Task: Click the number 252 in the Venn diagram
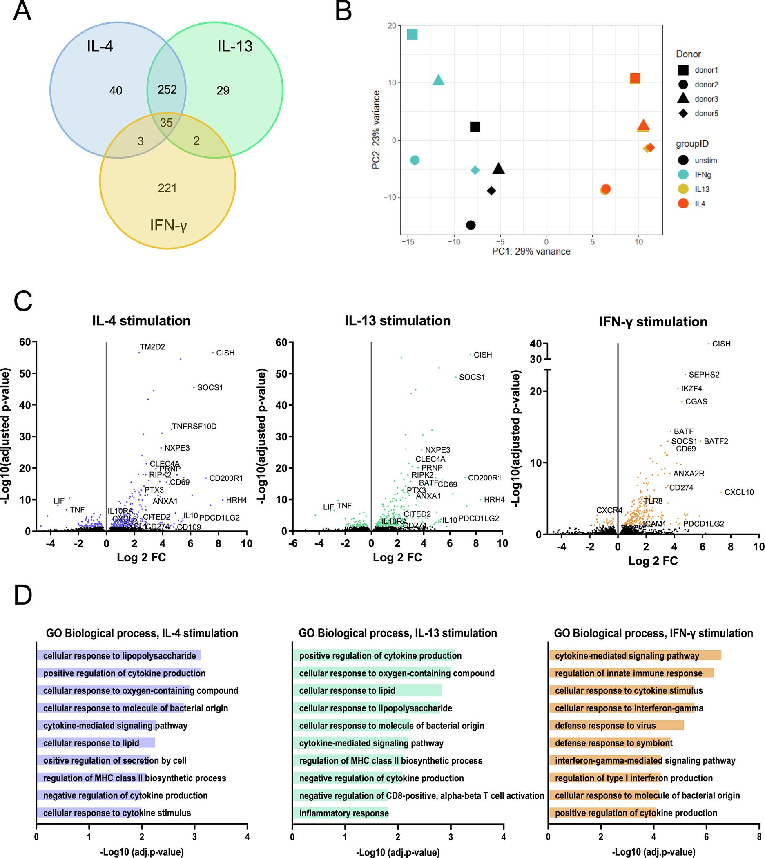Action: coord(167,89)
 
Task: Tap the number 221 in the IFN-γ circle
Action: coord(167,188)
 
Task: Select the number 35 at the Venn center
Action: coord(167,123)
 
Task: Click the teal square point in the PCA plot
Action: coord(413,34)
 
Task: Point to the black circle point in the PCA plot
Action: coord(471,225)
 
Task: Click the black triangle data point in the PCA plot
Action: coord(499,169)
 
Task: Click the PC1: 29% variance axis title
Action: coord(531,251)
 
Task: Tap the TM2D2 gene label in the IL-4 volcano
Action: coord(152,347)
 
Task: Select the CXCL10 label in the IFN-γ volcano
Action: coord(739,492)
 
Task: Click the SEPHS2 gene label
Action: coord(704,375)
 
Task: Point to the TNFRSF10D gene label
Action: coord(194,426)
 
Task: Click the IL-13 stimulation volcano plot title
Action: coord(398,321)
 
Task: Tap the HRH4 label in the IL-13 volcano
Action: coord(494,499)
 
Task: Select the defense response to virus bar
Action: coord(616,726)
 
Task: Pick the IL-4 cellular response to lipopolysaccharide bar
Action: coord(118,656)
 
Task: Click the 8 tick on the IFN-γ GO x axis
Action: coord(759,837)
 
